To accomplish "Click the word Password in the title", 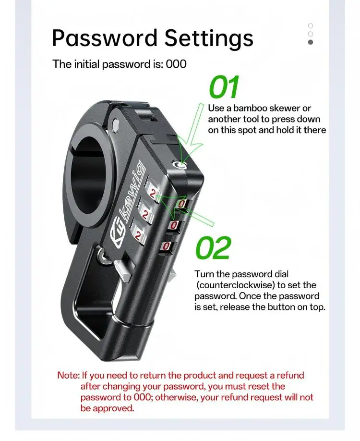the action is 105,38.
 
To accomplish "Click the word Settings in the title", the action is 209,39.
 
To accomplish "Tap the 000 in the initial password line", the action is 176,64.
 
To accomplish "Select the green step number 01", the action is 224,87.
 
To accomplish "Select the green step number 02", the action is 213,248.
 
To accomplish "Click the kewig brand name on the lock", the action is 134,191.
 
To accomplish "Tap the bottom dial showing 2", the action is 138,234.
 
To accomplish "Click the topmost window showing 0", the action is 181,204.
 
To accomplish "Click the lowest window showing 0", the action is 166,246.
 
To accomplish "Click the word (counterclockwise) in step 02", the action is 236,285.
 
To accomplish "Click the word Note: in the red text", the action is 69,375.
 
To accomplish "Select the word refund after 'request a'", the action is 290,375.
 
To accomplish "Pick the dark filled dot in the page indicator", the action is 311,42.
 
